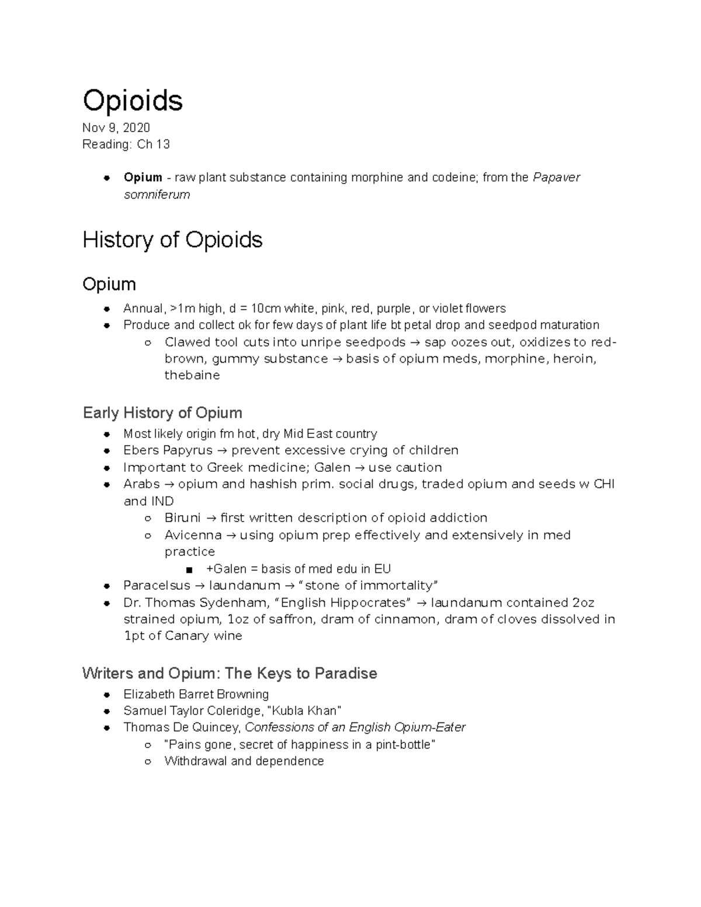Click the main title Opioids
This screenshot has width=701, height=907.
tap(133, 100)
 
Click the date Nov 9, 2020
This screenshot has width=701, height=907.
tap(116, 128)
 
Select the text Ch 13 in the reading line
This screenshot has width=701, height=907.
tap(154, 144)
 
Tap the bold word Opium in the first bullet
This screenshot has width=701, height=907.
tap(143, 178)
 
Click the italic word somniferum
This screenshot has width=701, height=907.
tap(157, 194)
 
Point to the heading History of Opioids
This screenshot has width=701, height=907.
tap(172, 240)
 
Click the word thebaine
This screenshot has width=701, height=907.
tap(192, 376)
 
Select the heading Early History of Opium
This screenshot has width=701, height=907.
tap(162, 413)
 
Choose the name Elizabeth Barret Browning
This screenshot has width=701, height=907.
tap(196, 694)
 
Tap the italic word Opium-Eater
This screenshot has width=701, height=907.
tap(430, 728)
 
